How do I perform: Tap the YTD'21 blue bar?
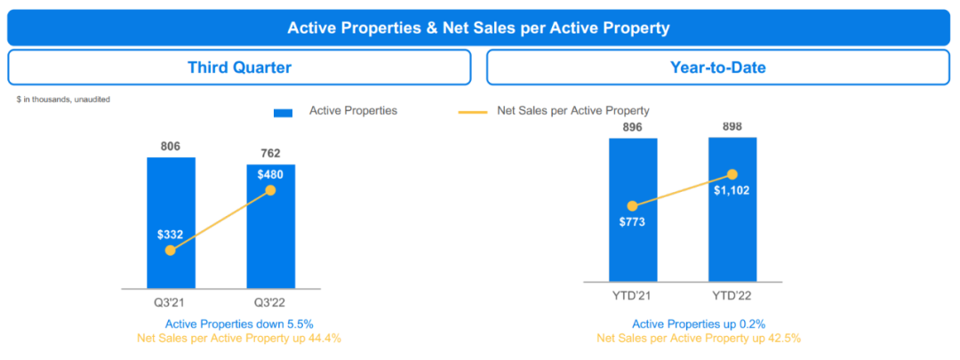(x=633, y=258)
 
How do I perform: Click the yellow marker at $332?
(x=171, y=251)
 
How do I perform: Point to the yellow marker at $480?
(x=271, y=190)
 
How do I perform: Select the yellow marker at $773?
(x=633, y=205)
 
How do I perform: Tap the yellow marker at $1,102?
(x=732, y=174)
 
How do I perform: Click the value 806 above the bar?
(x=172, y=146)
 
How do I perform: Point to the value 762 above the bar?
(x=271, y=153)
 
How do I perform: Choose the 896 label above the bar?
(x=633, y=126)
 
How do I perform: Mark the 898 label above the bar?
(x=732, y=126)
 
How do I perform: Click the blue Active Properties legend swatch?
(x=283, y=112)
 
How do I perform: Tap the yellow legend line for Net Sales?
(x=473, y=112)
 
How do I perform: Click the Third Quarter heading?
(x=239, y=68)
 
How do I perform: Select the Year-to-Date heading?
(x=718, y=68)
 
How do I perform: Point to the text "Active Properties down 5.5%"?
(x=239, y=324)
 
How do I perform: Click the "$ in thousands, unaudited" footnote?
(x=63, y=100)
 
